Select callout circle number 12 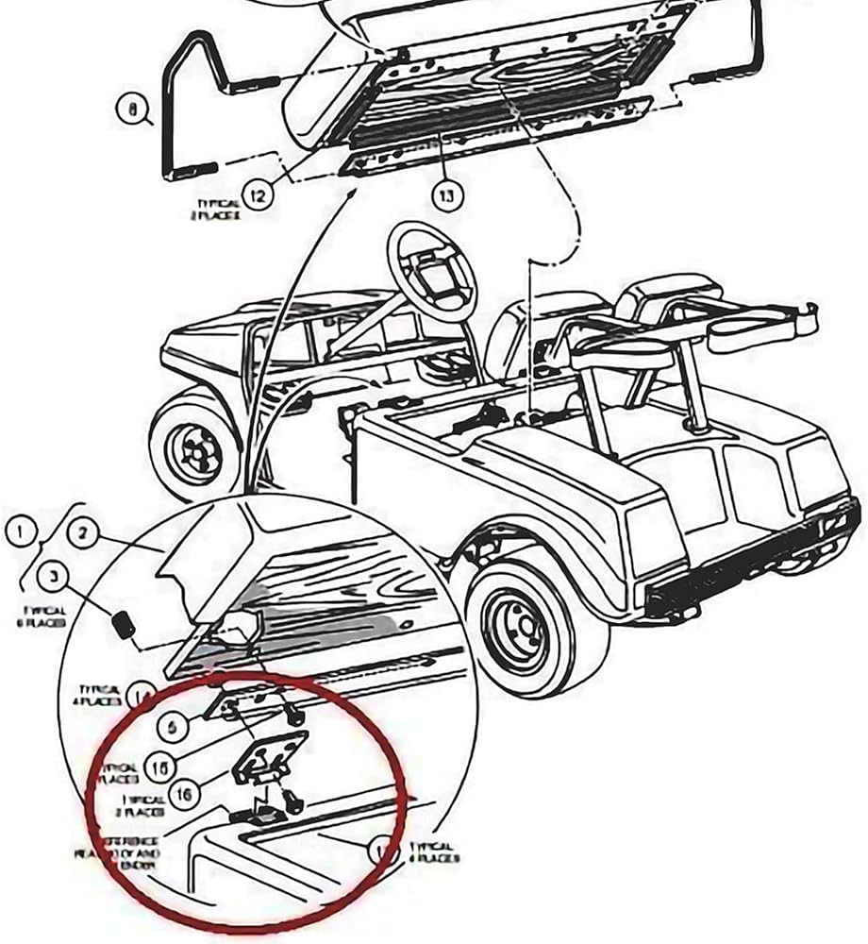pos(257,196)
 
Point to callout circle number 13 pos(446,195)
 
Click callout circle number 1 pos(20,531)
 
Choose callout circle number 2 pos(82,534)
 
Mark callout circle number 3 pos(53,575)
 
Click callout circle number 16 pos(184,796)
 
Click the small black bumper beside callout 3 pos(122,623)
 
